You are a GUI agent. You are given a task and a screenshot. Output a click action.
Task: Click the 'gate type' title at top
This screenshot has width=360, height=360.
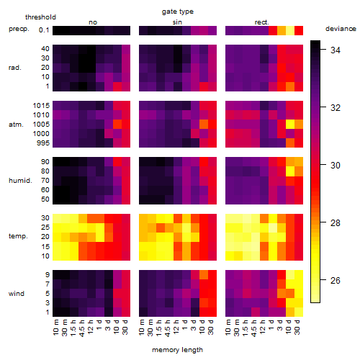tap(178, 12)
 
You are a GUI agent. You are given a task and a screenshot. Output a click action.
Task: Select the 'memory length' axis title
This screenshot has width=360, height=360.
tap(177, 350)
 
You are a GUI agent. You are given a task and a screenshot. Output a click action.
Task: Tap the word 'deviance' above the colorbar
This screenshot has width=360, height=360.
tap(341, 29)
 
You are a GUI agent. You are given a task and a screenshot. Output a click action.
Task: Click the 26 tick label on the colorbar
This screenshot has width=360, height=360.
tap(336, 280)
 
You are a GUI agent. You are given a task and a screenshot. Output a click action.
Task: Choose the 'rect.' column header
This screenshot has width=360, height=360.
tap(262, 22)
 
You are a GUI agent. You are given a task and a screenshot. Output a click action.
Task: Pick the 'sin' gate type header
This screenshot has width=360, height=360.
tap(177, 22)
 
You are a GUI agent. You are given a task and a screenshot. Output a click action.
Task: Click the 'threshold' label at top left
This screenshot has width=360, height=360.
tap(40, 17)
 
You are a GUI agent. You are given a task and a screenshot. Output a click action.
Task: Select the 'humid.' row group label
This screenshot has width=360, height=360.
tap(20, 181)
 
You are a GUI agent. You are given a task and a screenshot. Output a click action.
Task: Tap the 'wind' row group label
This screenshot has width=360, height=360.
tap(17, 294)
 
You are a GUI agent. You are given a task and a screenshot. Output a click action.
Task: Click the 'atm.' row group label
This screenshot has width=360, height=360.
tap(16, 125)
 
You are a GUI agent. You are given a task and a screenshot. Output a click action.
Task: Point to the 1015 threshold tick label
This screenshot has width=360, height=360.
tap(41, 105)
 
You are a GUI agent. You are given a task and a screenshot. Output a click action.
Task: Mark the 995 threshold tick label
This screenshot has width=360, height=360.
tap(43, 143)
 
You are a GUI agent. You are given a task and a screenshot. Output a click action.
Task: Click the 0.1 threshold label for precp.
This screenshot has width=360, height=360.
tap(44, 30)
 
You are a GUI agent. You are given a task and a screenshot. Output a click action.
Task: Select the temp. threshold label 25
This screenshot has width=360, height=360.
tap(45, 227)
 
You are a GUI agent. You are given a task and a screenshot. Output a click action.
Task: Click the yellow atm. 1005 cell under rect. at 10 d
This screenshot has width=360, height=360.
tap(290, 125)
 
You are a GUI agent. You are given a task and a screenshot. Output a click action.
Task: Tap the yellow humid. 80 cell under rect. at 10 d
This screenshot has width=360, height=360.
tap(290, 171)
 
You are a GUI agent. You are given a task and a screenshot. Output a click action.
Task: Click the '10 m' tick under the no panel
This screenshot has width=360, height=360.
tap(55, 328)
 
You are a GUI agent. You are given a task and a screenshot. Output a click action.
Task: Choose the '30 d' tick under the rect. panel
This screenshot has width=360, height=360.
tap(297, 328)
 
